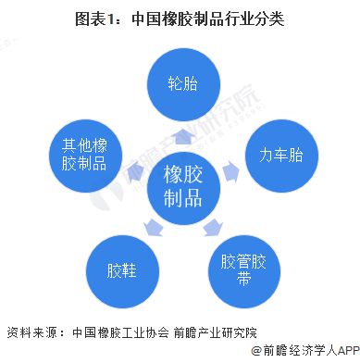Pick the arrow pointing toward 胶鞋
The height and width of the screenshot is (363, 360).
click(152, 225)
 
